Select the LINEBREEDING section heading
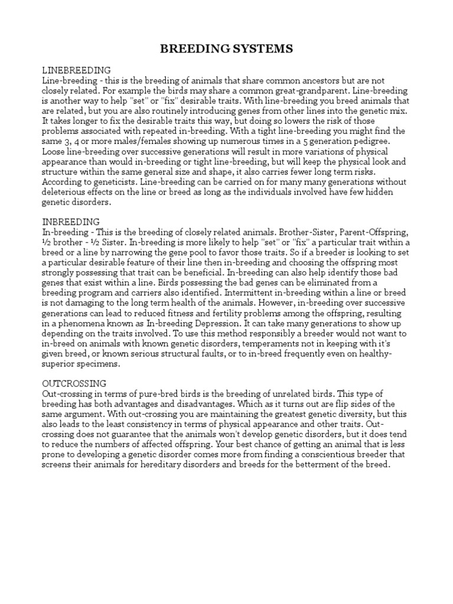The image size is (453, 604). [x=76, y=70]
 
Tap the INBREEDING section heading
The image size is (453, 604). [x=70, y=222]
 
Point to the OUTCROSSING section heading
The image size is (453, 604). [x=74, y=383]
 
